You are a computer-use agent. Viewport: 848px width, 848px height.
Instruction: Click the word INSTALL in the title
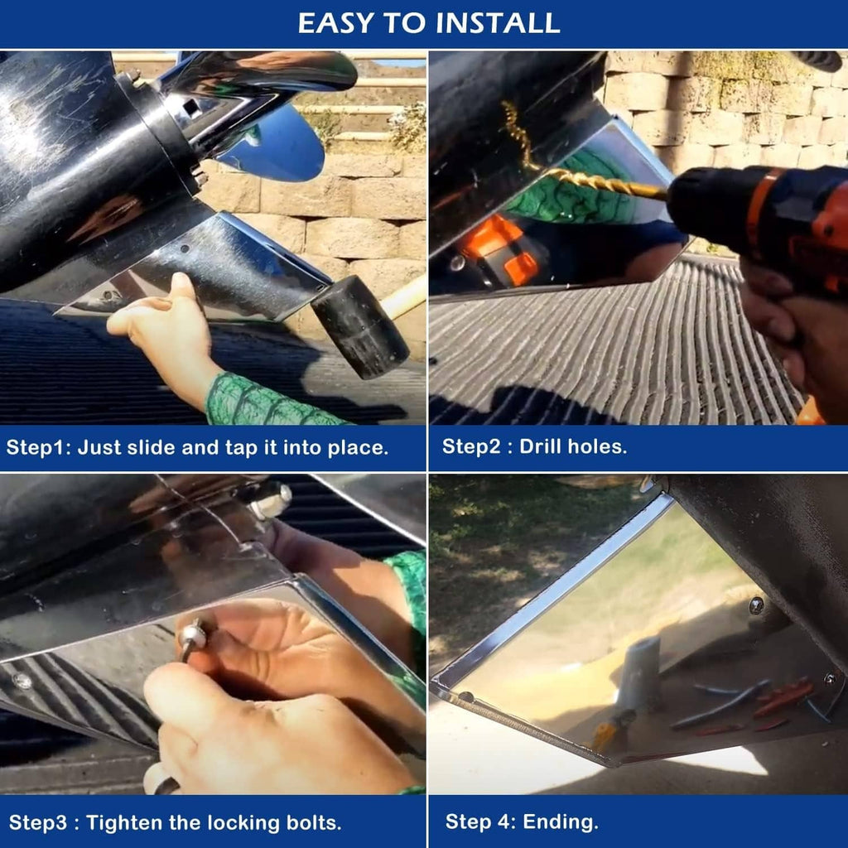pyautogui.click(x=498, y=22)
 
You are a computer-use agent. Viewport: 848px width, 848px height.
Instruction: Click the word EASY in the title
pyautogui.click(x=336, y=22)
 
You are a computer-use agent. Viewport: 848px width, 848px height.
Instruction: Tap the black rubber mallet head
pyautogui.click(x=359, y=326)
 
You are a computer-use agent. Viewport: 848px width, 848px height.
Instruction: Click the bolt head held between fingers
pyautogui.click(x=194, y=637)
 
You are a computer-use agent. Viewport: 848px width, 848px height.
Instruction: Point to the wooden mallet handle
pyautogui.click(x=403, y=297)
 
